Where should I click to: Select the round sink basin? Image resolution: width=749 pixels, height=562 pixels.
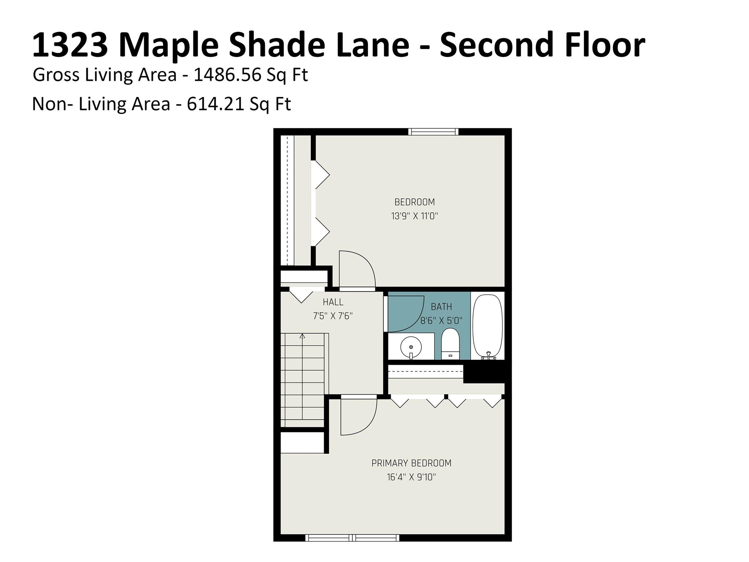(411, 346)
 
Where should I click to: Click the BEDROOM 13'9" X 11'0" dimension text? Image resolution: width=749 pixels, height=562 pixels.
(414, 216)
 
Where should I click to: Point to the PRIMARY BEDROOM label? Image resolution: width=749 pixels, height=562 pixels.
(411, 463)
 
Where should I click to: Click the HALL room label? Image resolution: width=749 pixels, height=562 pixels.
(333, 302)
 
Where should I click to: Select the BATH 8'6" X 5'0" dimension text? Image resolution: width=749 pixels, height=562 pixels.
(441, 321)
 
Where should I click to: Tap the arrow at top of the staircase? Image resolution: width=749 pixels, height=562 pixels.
(302, 336)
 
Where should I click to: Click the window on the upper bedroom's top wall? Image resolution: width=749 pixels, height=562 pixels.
(433, 132)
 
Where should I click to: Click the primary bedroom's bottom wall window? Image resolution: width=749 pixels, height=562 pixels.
(352, 537)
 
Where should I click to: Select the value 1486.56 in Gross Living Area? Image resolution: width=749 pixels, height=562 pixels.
(227, 75)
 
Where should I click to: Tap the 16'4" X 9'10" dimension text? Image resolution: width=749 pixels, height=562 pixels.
(411, 477)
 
